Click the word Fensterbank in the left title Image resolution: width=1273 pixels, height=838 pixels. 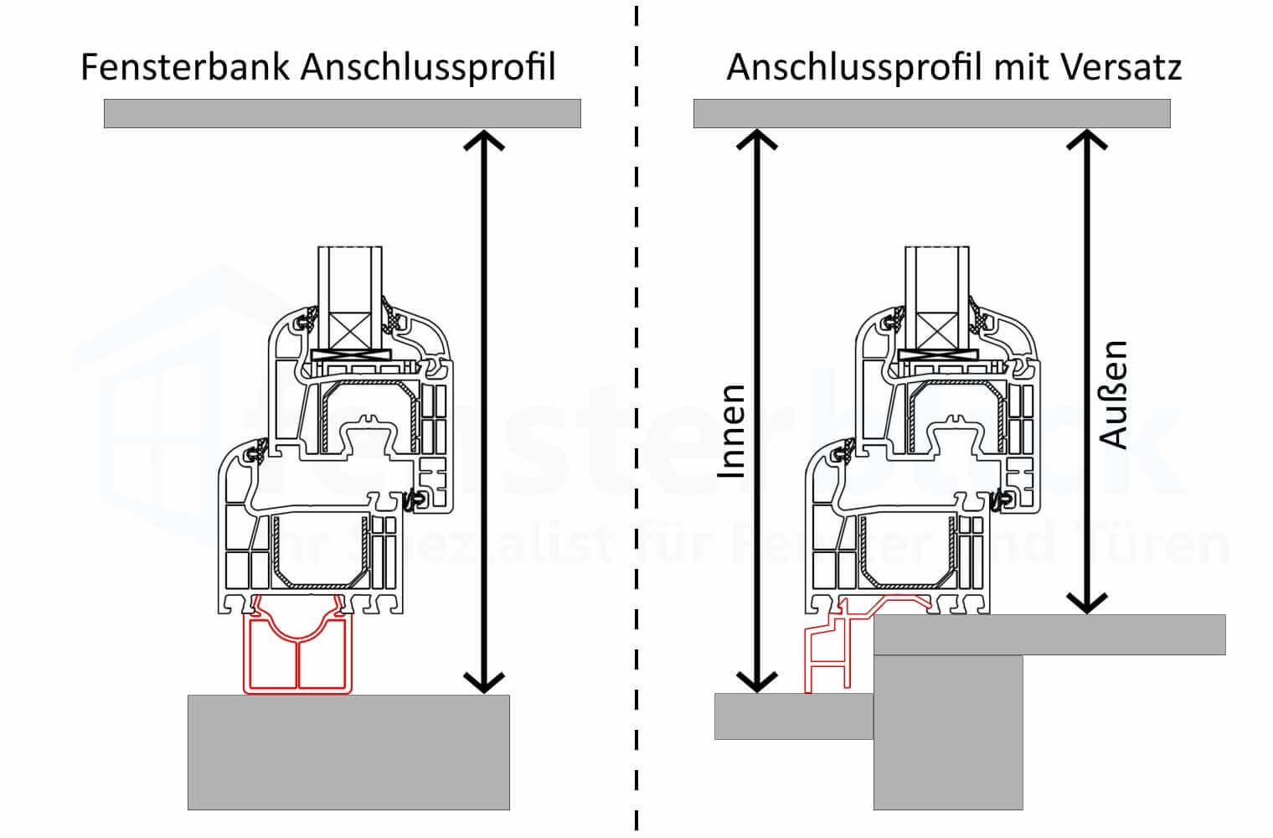tap(186, 67)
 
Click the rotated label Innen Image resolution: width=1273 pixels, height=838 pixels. tap(731, 431)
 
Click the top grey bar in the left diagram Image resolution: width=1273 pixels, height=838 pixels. tap(342, 113)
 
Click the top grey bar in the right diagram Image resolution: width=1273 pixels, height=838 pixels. tap(931, 113)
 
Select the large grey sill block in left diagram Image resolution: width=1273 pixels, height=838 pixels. tap(348, 752)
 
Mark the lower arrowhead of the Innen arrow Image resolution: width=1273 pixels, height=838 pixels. tap(756, 682)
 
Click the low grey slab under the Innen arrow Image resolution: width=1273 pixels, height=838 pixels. tap(792, 716)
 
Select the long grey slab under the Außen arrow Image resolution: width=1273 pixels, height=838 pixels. tap(1049, 634)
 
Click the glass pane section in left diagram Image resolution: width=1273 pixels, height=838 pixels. tap(350, 285)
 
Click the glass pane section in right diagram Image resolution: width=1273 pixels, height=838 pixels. tap(937, 285)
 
